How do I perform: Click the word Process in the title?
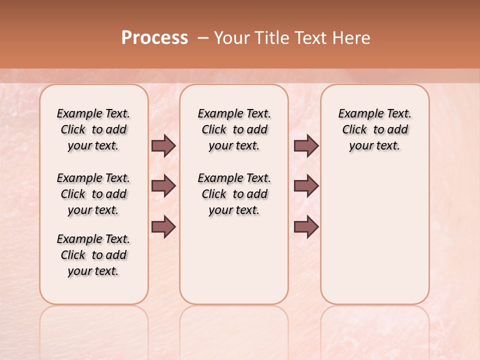tap(154, 38)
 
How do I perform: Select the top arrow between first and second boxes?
tap(163, 145)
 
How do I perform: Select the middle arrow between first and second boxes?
tap(163, 186)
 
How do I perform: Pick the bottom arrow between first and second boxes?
tap(163, 226)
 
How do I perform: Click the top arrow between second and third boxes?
tap(306, 145)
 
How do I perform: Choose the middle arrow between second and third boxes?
tap(306, 186)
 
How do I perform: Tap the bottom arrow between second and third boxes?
tap(306, 226)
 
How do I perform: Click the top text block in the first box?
tap(93, 129)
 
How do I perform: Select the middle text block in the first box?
tap(93, 194)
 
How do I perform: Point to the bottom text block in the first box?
tap(93, 255)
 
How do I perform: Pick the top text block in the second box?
tap(234, 129)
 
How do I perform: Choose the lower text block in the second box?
tap(234, 194)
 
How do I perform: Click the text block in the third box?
tap(375, 129)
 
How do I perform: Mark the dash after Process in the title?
tap(203, 38)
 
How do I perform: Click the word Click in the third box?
tap(354, 130)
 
